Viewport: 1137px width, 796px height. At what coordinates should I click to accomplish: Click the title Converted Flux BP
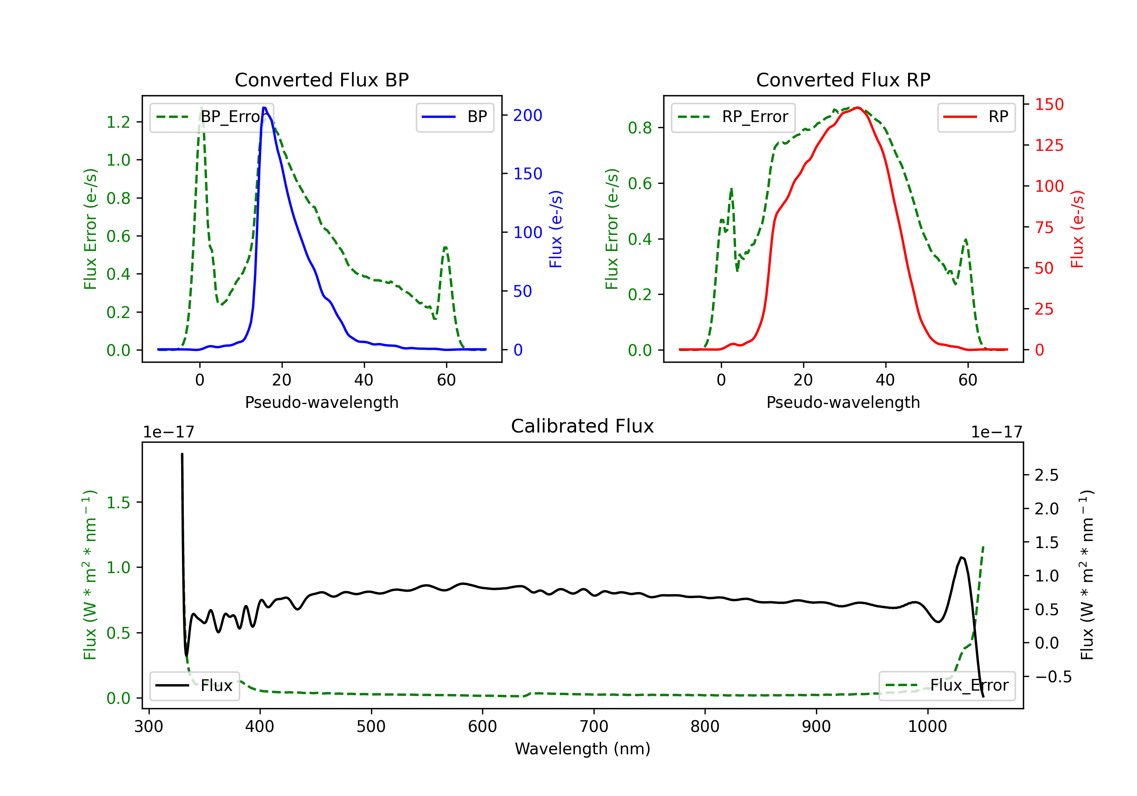pyautogui.click(x=321, y=80)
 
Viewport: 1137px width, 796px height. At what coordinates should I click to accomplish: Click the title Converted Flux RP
pyautogui.click(x=843, y=80)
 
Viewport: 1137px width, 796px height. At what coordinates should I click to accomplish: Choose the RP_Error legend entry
pyautogui.click(x=733, y=117)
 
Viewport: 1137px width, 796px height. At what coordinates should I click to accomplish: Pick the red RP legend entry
pyautogui.click(x=976, y=117)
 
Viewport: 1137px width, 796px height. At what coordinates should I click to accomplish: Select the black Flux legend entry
pyautogui.click(x=195, y=686)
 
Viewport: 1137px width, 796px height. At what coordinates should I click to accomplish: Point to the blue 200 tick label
pyautogui.click(x=528, y=115)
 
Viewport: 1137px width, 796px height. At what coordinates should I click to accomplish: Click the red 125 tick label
pyautogui.click(x=1049, y=145)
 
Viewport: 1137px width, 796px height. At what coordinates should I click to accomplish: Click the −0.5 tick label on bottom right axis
pyautogui.click(x=1053, y=677)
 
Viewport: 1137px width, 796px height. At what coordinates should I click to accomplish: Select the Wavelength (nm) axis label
pyautogui.click(x=583, y=749)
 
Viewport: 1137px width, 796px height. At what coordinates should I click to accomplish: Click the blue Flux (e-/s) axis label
pyautogui.click(x=556, y=229)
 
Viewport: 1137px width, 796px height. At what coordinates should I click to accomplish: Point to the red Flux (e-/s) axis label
pyautogui.click(x=1077, y=229)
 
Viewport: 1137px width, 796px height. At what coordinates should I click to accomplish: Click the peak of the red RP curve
pyautogui.click(x=858, y=108)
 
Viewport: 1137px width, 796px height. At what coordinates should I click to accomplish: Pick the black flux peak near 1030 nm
pyautogui.click(x=962, y=558)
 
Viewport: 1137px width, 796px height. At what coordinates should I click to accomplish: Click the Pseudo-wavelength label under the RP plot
pyautogui.click(x=843, y=402)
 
